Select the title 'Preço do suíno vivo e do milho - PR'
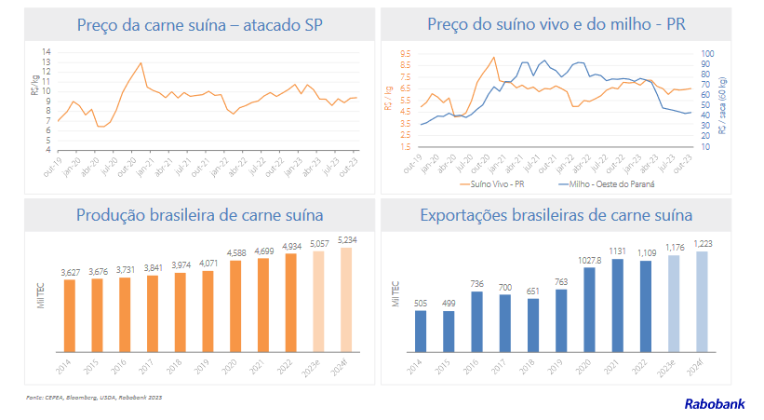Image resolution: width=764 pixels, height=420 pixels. pos(556,25)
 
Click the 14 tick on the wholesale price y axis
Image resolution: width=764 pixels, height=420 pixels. pos(47,51)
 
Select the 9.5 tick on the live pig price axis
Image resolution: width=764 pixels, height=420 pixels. pos(405,54)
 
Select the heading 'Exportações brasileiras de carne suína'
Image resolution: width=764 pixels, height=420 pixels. pos(556,216)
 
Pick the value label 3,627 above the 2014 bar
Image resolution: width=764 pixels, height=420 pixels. pos(70,272)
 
